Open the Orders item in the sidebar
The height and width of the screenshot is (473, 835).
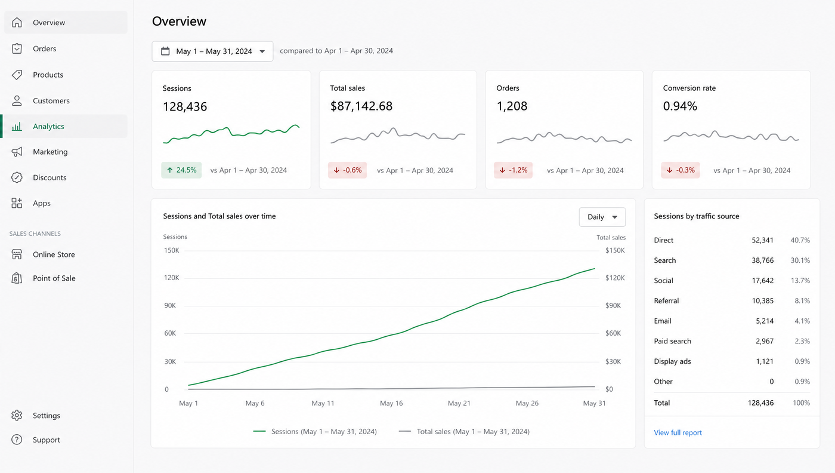(44, 48)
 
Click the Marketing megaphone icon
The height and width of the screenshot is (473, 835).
(17, 152)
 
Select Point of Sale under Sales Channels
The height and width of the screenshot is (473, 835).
(54, 278)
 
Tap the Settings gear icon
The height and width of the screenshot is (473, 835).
(17, 415)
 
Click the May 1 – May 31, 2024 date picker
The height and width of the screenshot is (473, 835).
(212, 51)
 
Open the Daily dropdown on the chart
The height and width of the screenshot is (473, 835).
(602, 217)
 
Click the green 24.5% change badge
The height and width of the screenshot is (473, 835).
(181, 170)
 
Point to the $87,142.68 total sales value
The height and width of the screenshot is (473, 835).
(361, 106)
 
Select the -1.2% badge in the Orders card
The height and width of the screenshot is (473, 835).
(514, 170)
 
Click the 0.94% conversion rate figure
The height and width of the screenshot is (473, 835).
(680, 106)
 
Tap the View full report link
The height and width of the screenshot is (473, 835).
(678, 432)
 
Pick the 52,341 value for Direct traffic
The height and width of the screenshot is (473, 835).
(762, 240)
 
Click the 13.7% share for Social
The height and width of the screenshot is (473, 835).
(800, 280)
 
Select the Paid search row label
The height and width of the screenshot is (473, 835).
(673, 341)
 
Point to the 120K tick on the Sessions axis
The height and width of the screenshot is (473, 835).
(172, 278)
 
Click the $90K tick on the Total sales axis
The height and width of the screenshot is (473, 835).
(613, 305)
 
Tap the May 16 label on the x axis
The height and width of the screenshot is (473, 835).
(391, 403)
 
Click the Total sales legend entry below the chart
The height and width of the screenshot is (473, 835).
(464, 432)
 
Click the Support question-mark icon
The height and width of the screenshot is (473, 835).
(17, 440)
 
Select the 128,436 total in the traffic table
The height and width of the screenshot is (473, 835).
(760, 403)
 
